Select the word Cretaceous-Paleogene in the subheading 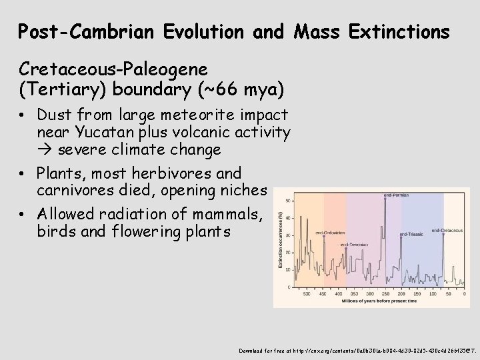[113, 69]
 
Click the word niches [243, 191]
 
